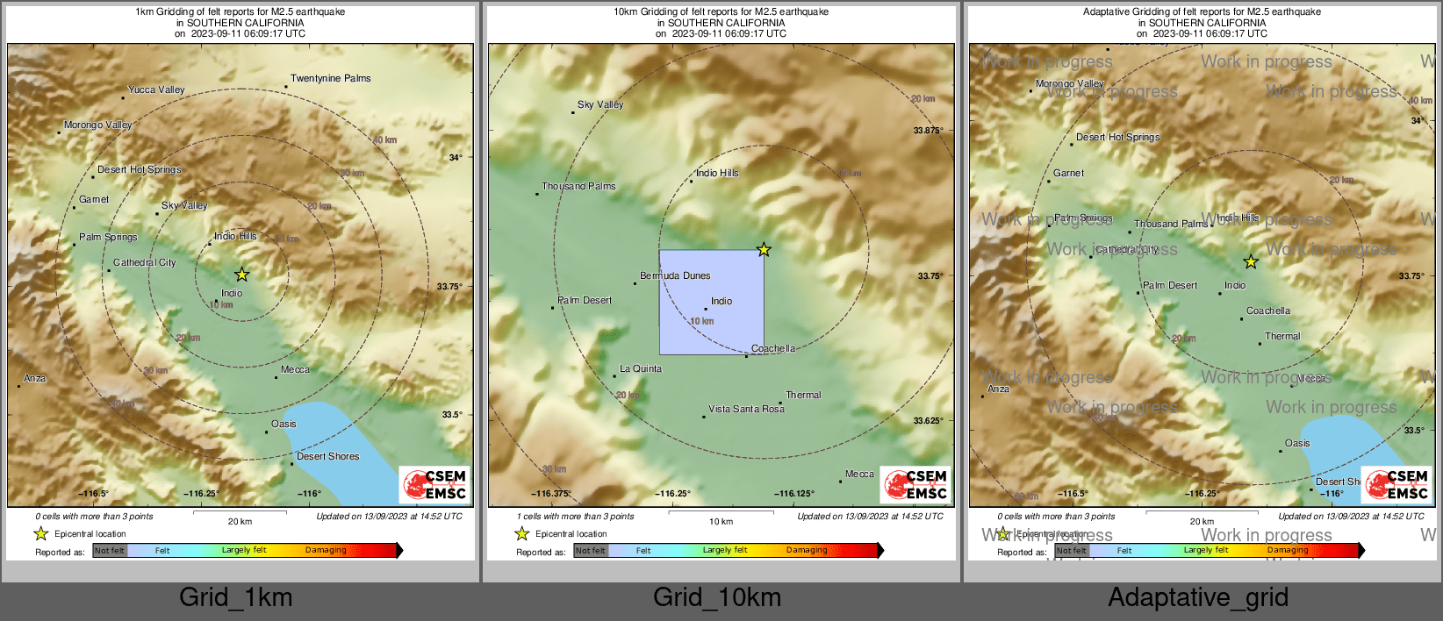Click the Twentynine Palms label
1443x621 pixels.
coord(330,79)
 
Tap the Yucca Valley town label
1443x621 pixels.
coord(156,89)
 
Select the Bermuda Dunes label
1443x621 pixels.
coord(675,276)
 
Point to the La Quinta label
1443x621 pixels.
coord(641,369)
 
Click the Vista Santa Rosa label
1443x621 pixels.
coord(746,410)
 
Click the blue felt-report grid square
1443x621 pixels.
coord(711,303)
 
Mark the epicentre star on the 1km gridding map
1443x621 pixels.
coord(242,275)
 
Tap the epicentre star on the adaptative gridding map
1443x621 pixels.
coord(1251,261)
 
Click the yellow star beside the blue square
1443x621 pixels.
coord(764,250)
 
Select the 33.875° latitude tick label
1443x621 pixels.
coord(928,131)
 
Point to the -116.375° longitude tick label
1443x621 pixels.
coord(551,494)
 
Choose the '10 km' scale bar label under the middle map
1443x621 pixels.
coord(721,522)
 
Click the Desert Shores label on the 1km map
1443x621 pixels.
coord(327,457)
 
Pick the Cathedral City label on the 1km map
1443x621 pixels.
coord(144,263)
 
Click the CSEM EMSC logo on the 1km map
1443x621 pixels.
coord(436,485)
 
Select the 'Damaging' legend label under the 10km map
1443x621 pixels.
coord(807,551)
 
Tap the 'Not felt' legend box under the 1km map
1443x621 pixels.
coord(110,551)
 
